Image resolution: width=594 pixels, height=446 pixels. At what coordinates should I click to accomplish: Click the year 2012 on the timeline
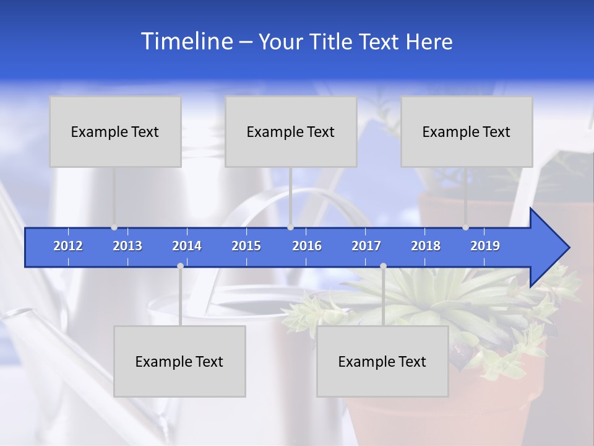68,246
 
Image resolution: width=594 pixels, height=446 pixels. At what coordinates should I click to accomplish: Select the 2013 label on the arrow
127,246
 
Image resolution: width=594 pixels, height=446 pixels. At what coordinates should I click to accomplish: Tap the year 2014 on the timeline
187,246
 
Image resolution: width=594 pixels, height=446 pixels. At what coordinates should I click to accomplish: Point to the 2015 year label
246,246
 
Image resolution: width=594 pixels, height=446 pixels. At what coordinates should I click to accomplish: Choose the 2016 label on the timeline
307,246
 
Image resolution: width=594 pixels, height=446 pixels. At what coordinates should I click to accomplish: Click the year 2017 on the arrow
366,246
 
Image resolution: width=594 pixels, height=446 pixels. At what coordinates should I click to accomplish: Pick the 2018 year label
426,246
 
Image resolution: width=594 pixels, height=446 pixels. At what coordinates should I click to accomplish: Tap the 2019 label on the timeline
485,246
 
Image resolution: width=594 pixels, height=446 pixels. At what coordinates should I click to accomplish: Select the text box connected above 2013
115,131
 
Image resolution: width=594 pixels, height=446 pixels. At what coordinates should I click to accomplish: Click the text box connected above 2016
291,131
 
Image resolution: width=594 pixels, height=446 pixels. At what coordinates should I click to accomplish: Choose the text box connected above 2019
467,131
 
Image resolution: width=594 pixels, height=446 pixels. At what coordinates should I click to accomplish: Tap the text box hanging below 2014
179,361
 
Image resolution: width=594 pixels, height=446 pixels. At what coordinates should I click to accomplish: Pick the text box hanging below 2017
382,361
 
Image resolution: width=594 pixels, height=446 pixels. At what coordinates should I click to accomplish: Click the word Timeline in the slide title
186,42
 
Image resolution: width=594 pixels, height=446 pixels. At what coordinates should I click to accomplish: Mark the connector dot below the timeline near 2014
180,266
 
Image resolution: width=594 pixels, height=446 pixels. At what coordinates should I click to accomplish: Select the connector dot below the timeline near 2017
383,266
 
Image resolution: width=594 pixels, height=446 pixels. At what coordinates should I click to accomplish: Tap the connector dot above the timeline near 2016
290,227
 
